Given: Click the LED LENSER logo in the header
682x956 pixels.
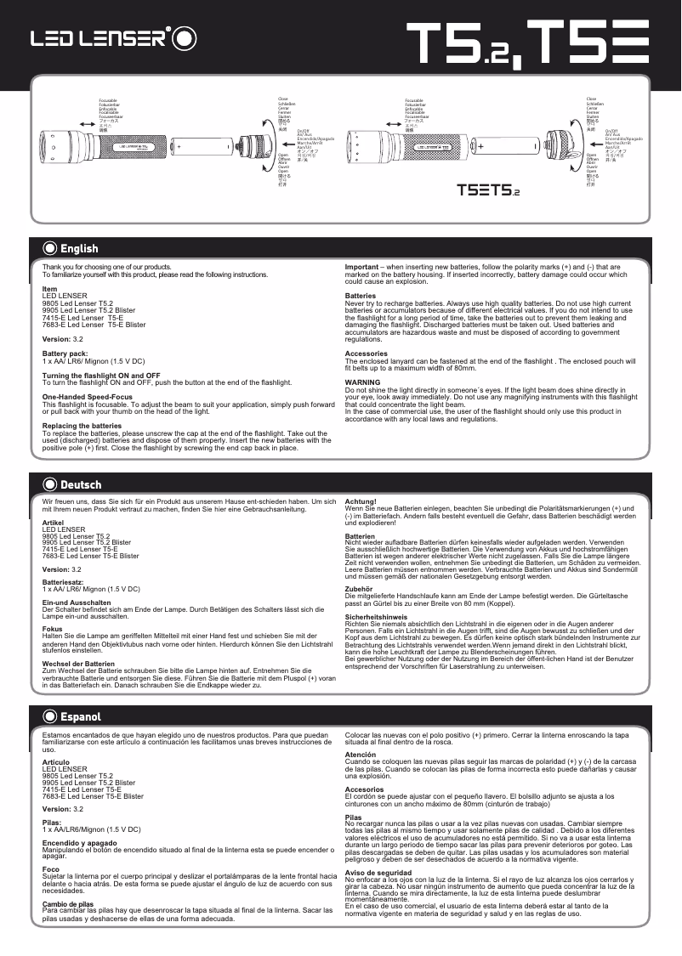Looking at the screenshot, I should coord(115,38).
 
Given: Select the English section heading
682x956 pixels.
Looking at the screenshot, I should coord(79,249).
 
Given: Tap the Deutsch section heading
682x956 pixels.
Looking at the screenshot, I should coord(81,485).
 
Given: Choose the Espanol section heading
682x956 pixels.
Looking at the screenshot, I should coord(81,717).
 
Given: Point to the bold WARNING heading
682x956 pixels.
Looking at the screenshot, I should coord(362,382).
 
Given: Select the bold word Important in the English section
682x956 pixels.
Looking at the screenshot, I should coord(361,266).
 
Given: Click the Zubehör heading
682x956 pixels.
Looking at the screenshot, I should coord(360,588).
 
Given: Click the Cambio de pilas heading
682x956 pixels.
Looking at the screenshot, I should coord(67,904).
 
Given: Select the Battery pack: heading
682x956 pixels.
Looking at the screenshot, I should coord(65,354).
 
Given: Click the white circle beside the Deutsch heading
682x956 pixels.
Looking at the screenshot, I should coord(49,485).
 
